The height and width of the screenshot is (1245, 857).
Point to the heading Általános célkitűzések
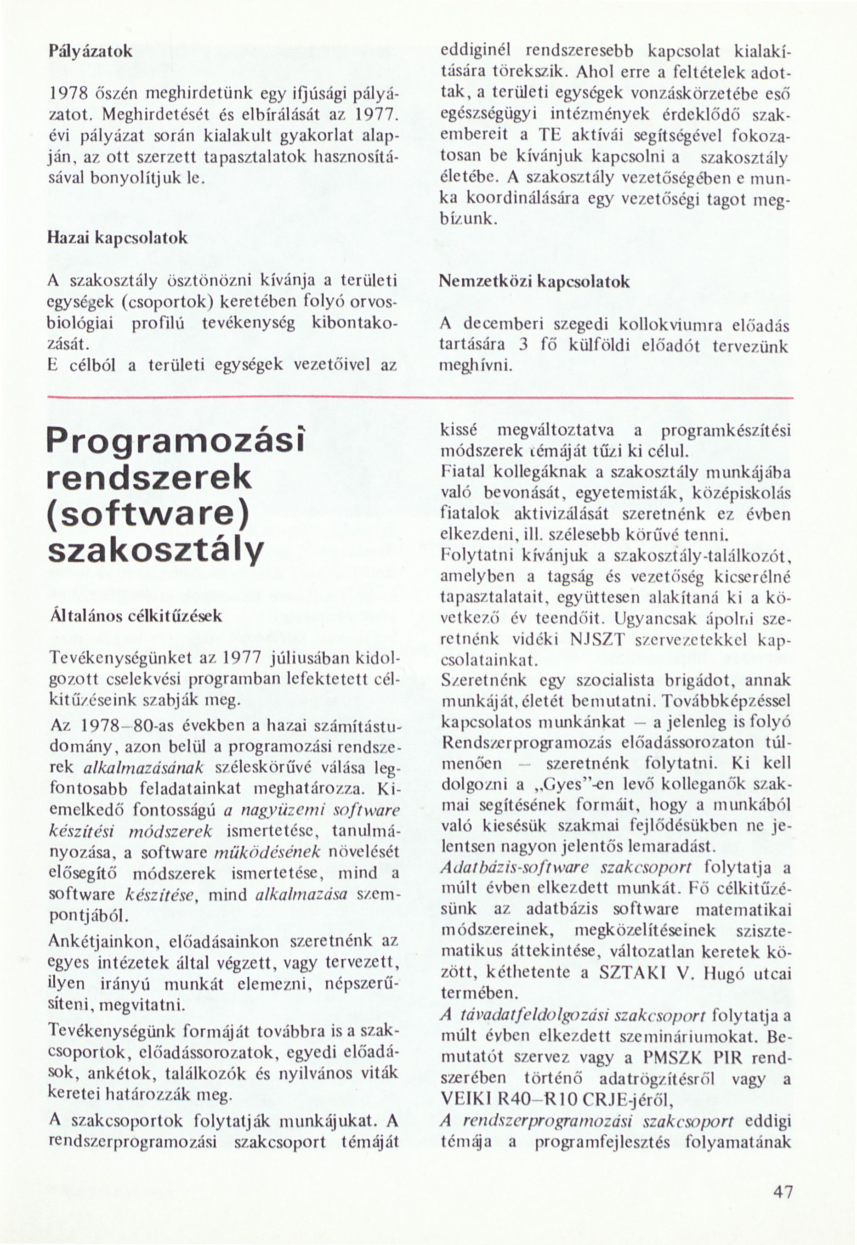(135, 617)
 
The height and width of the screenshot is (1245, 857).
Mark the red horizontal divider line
(420, 398)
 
